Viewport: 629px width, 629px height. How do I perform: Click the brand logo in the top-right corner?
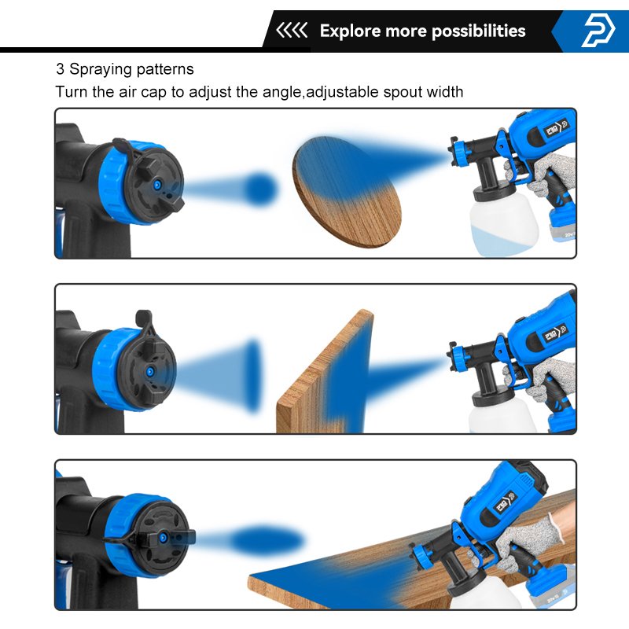tap(599, 31)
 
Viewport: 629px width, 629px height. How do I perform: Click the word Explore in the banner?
tap(350, 31)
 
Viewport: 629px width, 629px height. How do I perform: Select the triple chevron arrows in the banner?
tap(292, 31)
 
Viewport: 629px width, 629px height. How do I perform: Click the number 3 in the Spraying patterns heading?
tap(59, 69)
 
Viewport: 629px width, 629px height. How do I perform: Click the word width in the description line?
tap(444, 92)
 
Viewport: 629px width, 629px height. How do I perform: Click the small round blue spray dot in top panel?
tap(261, 189)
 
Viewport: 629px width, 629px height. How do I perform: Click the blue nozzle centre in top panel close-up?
tap(157, 183)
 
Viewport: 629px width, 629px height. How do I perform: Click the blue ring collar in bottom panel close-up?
tap(126, 511)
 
